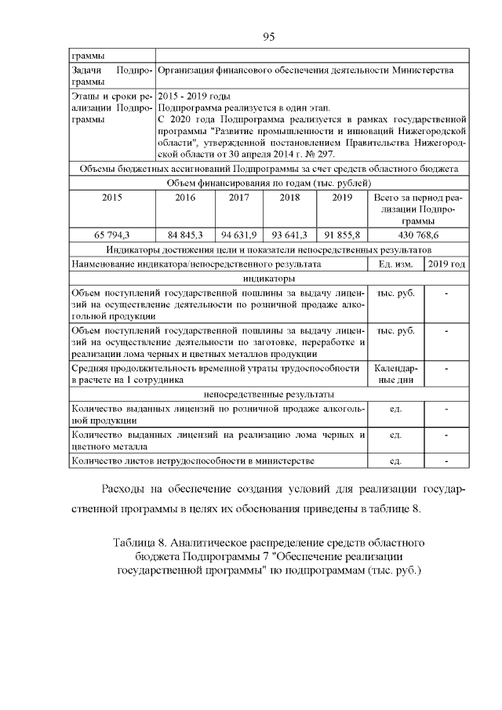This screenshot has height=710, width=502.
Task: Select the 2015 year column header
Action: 112,198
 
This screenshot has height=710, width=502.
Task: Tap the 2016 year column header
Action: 185,198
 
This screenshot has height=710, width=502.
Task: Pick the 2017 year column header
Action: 239,198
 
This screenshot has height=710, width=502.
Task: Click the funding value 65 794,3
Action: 112,235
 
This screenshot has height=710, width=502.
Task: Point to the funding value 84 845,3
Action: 185,235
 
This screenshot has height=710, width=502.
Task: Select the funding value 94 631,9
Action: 239,235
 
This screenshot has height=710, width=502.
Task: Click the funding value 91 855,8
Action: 341,235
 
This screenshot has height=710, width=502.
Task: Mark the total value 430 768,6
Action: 418,235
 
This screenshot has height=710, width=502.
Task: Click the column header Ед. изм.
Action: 396,264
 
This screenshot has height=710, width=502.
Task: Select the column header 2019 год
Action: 446,264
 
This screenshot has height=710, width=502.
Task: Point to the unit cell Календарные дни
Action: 396,373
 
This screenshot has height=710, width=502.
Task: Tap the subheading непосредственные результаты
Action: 268,393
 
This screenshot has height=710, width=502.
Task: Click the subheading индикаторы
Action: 268,279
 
